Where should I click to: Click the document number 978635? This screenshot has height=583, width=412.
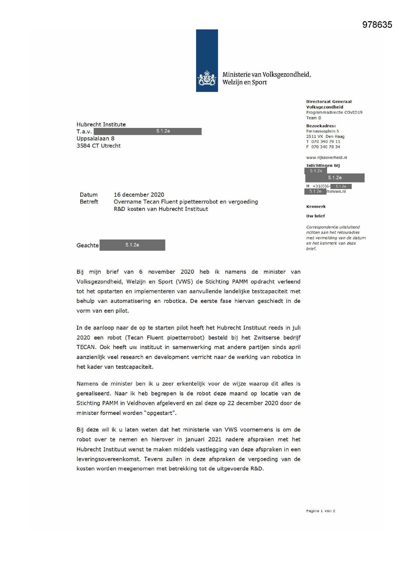[x=377, y=25]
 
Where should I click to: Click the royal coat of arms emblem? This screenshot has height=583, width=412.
[x=207, y=78]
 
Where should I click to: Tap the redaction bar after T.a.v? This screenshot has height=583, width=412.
[x=147, y=131]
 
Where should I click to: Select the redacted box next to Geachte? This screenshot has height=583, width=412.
[x=132, y=245]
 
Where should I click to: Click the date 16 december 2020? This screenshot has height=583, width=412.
[x=139, y=195]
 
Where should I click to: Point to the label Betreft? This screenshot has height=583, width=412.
[x=89, y=202]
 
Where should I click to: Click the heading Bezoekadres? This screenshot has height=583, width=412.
[x=321, y=126]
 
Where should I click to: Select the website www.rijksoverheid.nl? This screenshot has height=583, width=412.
[x=327, y=157]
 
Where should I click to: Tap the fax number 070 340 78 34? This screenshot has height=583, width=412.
[x=326, y=147]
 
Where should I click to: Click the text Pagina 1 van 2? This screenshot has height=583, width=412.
[x=320, y=511]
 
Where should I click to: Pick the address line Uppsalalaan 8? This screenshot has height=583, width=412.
[x=95, y=139]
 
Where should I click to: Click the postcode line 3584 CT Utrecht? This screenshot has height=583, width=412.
[x=98, y=146]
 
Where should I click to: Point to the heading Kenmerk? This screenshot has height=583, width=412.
[x=316, y=207]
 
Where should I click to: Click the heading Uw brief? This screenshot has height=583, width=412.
[x=315, y=216]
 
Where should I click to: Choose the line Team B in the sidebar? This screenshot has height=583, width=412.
[x=314, y=118]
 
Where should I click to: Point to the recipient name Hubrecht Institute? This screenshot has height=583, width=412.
[x=101, y=124]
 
